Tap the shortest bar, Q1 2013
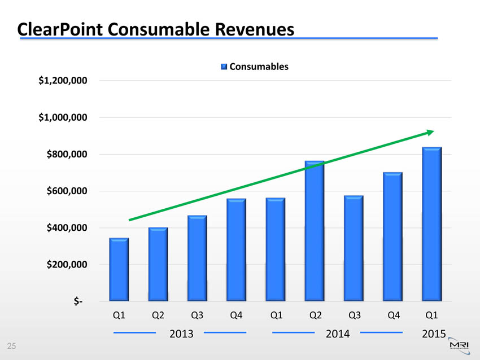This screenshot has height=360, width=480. [x=119, y=269]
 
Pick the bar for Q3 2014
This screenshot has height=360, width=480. [x=354, y=248]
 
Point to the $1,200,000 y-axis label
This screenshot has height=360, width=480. [x=62, y=81]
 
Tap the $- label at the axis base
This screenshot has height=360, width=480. [x=78, y=302]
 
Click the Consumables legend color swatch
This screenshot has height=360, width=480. [x=224, y=67]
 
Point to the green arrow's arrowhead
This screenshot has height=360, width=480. [x=430, y=132]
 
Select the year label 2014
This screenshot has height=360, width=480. [x=337, y=333]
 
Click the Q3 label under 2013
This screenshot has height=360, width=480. [x=197, y=315]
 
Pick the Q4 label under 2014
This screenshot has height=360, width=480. [x=392, y=315]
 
